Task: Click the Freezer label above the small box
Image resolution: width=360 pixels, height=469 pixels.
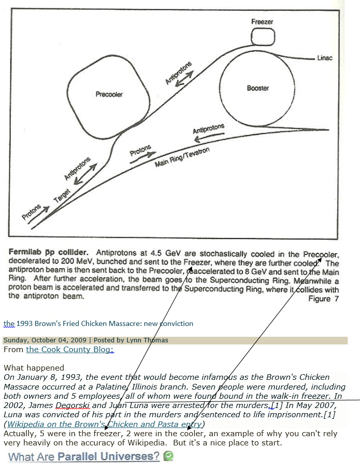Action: tap(262, 22)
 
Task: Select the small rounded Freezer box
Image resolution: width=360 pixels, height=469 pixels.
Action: tap(263, 36)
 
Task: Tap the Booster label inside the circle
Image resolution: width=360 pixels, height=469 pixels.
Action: tap(258, 88)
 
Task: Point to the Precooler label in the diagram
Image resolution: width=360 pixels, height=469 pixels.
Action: tap(109, 94)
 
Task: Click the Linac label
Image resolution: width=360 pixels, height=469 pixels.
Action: tap(325, 58)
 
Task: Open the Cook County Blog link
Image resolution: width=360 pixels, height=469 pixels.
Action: tap(70, 350)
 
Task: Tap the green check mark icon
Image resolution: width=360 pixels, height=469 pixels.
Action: tap(168, 456)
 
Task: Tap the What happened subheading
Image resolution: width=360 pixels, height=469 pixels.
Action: tap(34, 368)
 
